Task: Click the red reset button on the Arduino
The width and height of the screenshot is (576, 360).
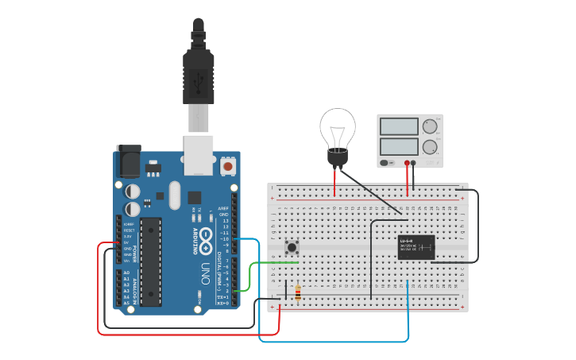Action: click(x=229, y=167)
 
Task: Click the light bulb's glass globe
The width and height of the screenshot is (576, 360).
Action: click(x=338, y=127)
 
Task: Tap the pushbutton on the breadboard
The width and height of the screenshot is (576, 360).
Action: click(x=292, y=247)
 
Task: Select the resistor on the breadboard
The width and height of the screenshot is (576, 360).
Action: click(x=298, y=293)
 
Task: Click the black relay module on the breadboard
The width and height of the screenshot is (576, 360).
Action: click(x=416, y=247)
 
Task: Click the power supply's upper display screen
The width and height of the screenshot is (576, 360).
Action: click(x=399, y=126)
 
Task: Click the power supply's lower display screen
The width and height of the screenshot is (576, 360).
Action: click(x=399, y=147)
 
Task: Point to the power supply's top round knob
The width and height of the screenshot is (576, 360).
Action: click(x=430, y=126)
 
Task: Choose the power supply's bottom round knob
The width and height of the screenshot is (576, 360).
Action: click(x=430, y=147)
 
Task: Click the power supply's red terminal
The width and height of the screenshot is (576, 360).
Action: click(x=407, y=163)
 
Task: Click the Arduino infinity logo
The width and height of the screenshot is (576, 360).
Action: click(x=205, y=238)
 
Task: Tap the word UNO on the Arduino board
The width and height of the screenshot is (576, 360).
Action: click(x=205, y=268)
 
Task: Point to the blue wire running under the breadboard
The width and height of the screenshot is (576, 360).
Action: click(x=334, y=342)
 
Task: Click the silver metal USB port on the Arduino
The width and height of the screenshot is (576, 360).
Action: click(x=199, y=153)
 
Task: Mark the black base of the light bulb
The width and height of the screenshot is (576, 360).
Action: click(x=338, y=157)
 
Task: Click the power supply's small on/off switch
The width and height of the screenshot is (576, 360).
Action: click(x=386, y=163)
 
